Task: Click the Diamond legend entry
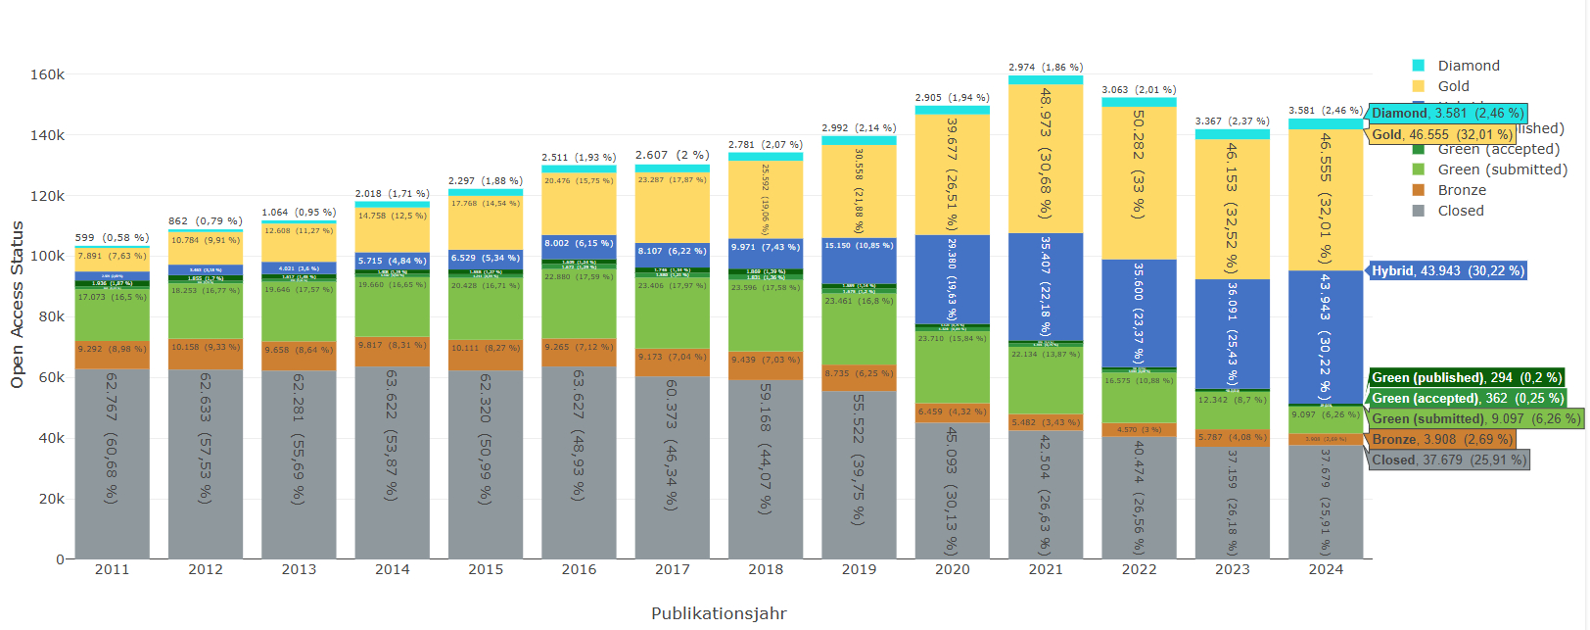(1468, 66)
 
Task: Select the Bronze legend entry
(1461, 190)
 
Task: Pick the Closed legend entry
(1460, 211)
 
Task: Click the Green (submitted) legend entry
(1501, 170)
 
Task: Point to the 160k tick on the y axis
(47, 74)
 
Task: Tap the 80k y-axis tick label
(51, 316)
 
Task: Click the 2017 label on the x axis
(672, 569)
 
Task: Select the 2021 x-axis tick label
(1046, 569)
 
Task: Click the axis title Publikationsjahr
(719, 613)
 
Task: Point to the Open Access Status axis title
(17, 305)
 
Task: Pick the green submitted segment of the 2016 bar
(579, 305)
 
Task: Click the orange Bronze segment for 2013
(299, 356)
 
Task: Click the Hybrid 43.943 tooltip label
(1447, 270)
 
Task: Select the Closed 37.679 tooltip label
(1448, 460)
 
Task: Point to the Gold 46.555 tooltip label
(1441, 134)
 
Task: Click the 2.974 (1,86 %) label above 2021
(1046, 68)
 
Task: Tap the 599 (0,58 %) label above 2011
(112, 238)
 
